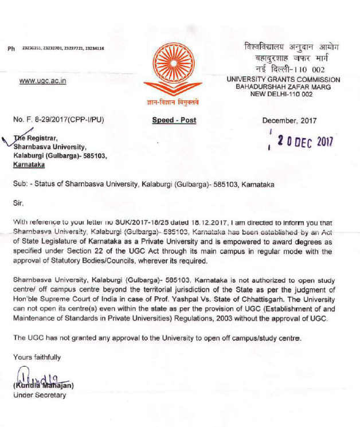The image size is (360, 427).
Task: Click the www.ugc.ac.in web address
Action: point(42,81)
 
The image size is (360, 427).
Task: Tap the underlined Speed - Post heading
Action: point(174,120)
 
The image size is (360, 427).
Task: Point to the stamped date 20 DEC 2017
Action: point(304,141)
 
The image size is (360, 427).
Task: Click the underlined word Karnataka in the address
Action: point(29,164)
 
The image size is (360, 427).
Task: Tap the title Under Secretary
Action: point(40,395)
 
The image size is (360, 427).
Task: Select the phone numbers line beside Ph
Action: point(63,49)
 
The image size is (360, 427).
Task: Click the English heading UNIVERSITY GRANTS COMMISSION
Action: point(283,80)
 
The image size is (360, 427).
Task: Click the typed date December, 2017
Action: point(289,120)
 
